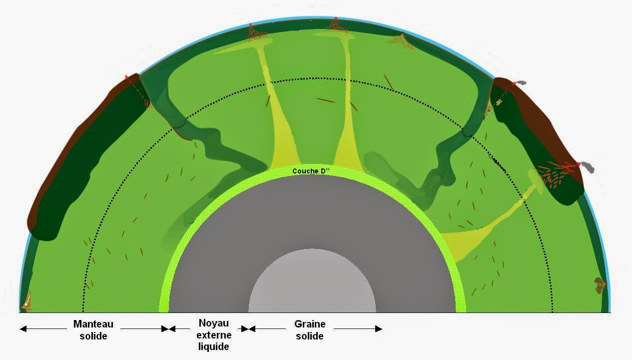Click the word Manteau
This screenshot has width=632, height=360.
(x=93, y=324)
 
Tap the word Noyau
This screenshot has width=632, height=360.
(x=213, y=323)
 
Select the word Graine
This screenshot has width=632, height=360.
(x=309, y=324)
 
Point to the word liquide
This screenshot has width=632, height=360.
(x=213, y=346)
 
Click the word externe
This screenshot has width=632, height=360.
(x=213, y=335)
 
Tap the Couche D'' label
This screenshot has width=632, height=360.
(x=312, y=171)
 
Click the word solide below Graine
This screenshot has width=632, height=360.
(x=309, y=336)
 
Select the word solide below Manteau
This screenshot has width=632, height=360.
(x=93, y=336)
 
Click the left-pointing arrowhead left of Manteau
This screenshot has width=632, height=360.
(x=23, y=328)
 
